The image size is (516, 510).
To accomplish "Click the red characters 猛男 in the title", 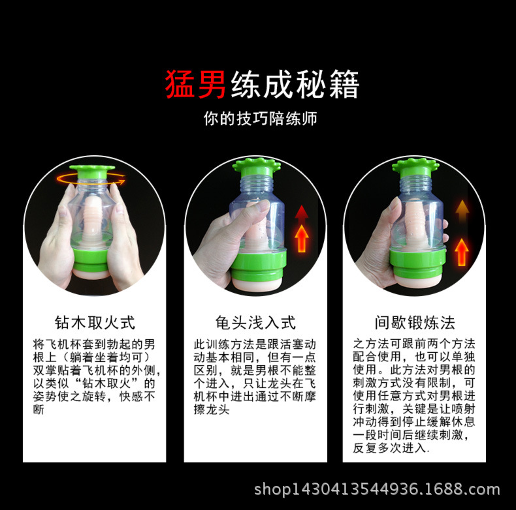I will pos(196,85).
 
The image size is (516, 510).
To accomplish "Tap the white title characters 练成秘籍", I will pos(295,85).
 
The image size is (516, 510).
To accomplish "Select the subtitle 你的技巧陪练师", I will pos(261,120).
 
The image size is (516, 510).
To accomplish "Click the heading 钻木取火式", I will pos(95,322).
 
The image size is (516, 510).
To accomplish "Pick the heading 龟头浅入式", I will pos(255,322).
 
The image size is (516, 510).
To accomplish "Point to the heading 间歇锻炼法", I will pos(415,322).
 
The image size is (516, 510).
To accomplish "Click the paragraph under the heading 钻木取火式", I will pos(95,376).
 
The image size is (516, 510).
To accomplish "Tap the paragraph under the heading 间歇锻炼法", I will pos(415,396).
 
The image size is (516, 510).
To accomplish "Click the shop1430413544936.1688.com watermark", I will pos(377,489).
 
